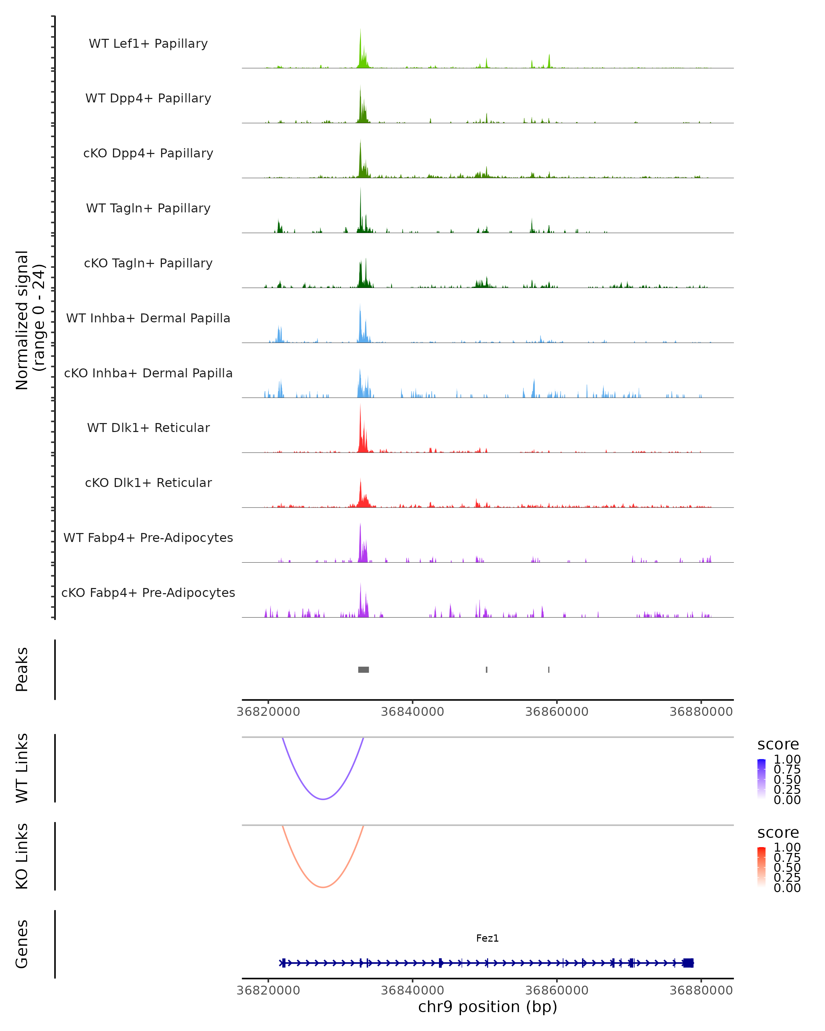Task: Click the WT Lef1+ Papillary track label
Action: coord(148,44)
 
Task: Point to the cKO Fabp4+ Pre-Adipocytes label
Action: coord(148,592)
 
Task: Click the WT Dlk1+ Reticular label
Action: coord(148,428)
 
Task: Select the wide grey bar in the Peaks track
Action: coord(363,669)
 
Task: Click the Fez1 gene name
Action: coord(487,938)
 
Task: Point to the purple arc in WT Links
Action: coord(323,799)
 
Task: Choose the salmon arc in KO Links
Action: coord(323,887)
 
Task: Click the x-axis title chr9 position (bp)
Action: coord(487,1007)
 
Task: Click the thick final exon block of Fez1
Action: coord(688,963)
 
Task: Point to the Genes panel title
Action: coord(22,944)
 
